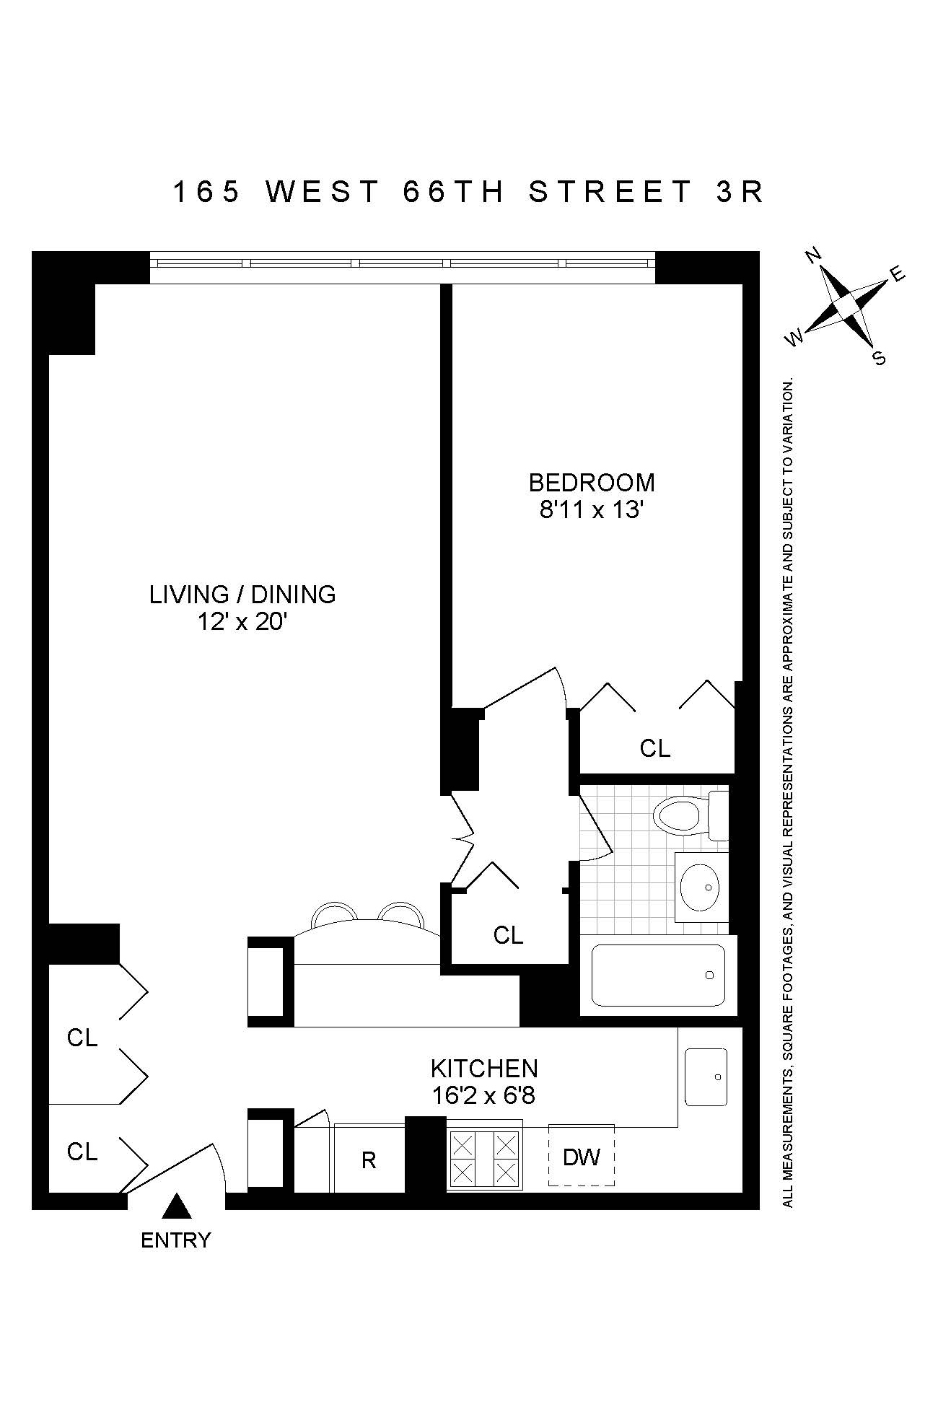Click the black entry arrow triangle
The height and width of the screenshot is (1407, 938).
pyautogui.click(x=175, y=1207)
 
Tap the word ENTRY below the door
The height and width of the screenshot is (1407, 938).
pyautogui.click(x=175, y=1240)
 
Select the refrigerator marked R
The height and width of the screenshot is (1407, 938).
pyautogui.click(x=369, y=1160)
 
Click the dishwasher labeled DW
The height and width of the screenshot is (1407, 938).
pyautogui.click(x=582, y=1158)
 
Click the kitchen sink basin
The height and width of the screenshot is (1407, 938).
pyautogui.click(x=706, y=1077)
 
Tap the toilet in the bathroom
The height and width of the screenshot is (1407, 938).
pyautogui.click(x=682, y=816)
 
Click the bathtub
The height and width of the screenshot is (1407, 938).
pyautogui.click(x=658, y=975)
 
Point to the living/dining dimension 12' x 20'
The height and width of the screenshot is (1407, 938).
pyautogui.click(x=243, y=621)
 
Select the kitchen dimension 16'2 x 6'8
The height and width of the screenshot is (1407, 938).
pyautogui.click(x=483, y=1096)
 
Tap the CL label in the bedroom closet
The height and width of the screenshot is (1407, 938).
pyautogui.click(x=654, y=748)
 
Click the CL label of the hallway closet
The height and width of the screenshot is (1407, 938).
pyautogui.click(x=508, y=935)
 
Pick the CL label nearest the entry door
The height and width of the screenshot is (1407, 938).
pyautogui.click(x=82, y=1152)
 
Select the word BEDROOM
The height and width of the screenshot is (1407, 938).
pyautogui.click(x=592, y=482)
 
